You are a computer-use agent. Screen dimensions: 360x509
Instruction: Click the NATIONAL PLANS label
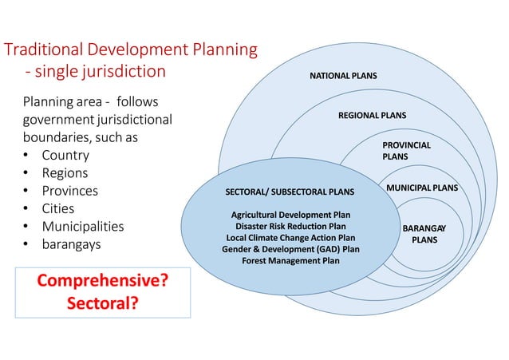tap(343, 77)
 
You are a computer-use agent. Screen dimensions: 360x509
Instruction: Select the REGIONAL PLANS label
tap(372, 115)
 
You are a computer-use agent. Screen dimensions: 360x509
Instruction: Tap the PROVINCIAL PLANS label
tap(406, 151)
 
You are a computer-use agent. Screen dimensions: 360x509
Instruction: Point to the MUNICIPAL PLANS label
tap(422, 188)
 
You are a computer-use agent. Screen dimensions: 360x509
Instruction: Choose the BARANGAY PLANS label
tap(424, 234)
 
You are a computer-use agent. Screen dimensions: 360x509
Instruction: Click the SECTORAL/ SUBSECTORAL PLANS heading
tap(290, 192)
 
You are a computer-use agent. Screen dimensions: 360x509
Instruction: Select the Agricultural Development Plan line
tap(290, 215)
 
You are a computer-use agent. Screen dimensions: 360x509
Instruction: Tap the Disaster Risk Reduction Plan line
tap(290, 226)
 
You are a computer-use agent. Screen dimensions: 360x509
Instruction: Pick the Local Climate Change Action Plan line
tap(290, 238)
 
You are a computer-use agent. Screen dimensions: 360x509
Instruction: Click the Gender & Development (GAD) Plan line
tap(290, 249)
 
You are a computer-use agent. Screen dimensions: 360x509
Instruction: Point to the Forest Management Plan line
tap(290, 260)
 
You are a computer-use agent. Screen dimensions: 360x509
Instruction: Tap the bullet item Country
tap(65, 155)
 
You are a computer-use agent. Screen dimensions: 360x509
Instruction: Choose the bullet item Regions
tap(65, 172)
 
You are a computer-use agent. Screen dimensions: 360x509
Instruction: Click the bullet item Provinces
tap(70, 191)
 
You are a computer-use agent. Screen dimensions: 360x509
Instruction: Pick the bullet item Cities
tap(58, 208)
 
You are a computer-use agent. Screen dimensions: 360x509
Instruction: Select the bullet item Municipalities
tap(83, 226)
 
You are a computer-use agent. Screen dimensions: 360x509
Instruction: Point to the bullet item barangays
tap(72, 243)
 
